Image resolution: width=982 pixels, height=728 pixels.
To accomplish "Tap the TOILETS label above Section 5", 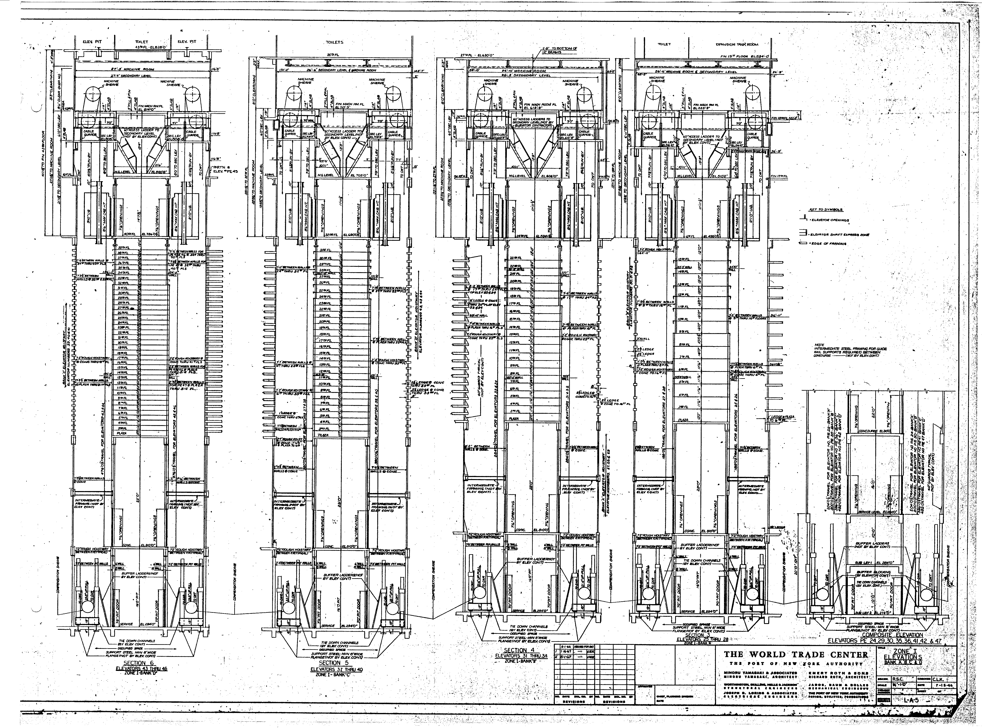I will point(335,42).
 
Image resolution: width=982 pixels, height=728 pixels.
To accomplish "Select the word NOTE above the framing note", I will point(819,345).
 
